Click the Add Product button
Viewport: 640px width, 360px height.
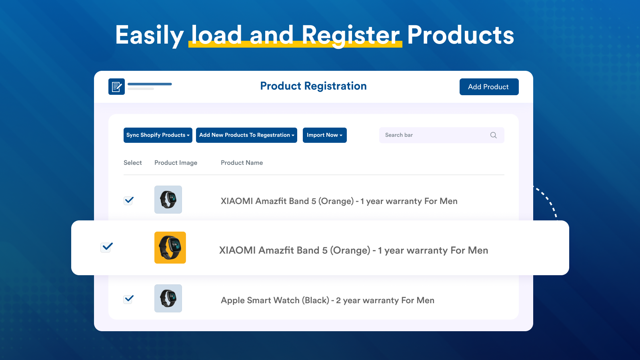point(489,87)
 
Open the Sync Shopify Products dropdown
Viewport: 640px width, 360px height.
point(158,135)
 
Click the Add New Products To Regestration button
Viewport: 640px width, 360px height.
point(246,135)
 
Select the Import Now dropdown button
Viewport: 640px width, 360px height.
point(324,135)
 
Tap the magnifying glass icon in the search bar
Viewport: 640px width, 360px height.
point(493,135)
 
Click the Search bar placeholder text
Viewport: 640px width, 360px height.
point(399,135)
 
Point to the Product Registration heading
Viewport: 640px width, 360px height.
point(313,86)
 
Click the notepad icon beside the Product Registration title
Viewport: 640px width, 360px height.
point(116,86)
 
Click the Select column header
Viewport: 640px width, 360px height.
point(132,163)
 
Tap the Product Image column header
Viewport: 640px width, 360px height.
point(176,163)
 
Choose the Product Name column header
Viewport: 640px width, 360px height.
point(242,163)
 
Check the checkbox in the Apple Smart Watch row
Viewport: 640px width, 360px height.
point(128,299)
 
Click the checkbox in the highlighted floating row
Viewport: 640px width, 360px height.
point(106,247)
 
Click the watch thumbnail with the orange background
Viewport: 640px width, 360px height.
point(170,248)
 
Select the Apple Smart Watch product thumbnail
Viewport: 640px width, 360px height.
point(168,298)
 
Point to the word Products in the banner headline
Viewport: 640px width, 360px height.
point(460,35)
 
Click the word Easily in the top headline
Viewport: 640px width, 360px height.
point(149,35)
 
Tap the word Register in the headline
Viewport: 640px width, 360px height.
point(350,35)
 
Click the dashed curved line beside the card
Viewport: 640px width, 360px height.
point(548,200)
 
